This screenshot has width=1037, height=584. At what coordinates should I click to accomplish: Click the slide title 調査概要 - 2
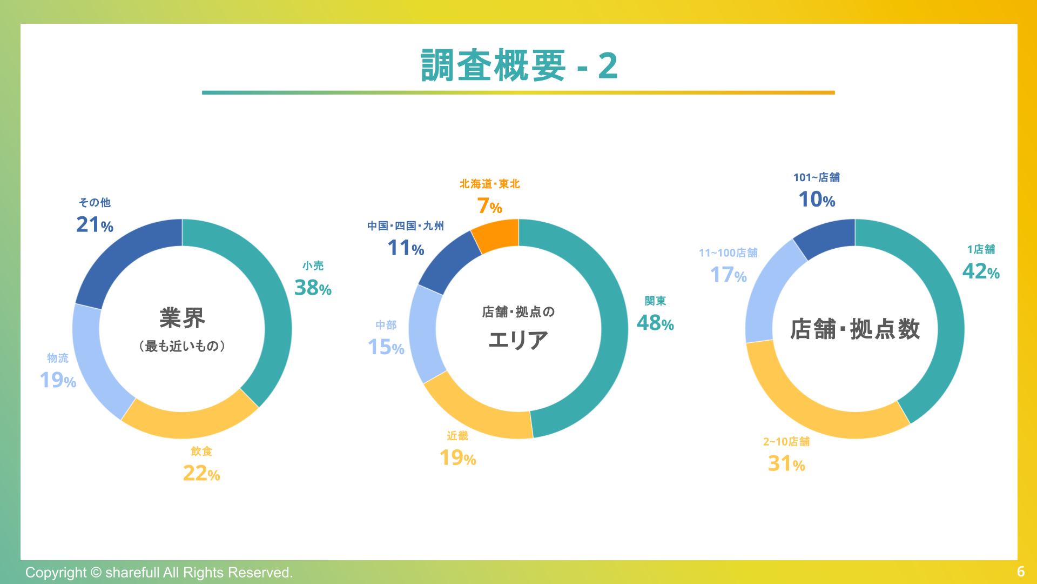pos(518,65)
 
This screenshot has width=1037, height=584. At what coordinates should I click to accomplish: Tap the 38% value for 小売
pos(312,288)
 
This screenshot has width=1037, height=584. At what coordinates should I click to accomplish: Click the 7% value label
pos(489,206)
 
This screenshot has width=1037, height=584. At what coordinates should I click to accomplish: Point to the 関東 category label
pos(655,301)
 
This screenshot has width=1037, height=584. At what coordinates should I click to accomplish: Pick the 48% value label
pos(655,323)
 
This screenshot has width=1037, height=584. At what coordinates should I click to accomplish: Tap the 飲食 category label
pos(201,451)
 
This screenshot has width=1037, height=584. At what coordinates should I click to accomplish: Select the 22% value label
pos(201,474)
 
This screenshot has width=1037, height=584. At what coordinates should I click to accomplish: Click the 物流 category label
pos(58,358)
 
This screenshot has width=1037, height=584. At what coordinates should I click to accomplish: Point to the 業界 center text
pos(182,318)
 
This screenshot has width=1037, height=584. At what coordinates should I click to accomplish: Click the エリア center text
pos(518,340)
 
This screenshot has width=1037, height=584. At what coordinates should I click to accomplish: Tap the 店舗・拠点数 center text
pos(854,329)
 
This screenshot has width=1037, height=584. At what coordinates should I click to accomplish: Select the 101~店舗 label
pos(816,177)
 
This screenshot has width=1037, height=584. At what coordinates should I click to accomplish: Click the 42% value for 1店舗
pos(980,271)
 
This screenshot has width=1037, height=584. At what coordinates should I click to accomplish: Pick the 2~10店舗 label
pos(786,442)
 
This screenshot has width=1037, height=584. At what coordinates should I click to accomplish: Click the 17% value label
pos(728,275)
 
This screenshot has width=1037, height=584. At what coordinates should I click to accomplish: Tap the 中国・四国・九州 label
pos(405,226)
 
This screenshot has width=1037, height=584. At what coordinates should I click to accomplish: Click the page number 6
pos(1020,572)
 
